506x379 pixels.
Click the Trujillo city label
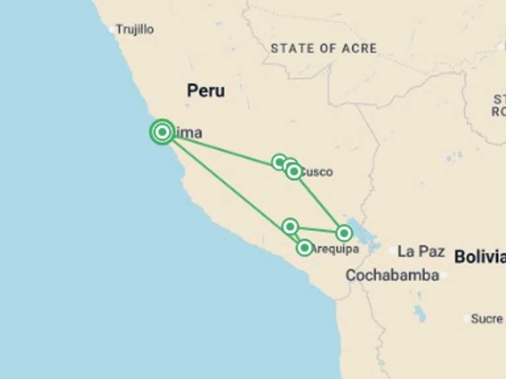coord(135,30)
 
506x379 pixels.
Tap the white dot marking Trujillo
coord(112,30)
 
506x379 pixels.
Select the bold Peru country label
coord(206,91)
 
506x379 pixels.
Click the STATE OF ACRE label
coord(323,48)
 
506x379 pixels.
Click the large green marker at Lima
coord(162,132)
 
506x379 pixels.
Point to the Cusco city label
coord(317,172)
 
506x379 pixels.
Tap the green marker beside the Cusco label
coord(294,172)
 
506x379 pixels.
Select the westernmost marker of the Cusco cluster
coord(279,162)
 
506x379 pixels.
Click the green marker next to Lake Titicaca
coord(343,233)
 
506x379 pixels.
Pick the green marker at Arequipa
coord(304,247)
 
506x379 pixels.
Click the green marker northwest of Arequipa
coord(290,226)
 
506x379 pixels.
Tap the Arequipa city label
coord(335,249)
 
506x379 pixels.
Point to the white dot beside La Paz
coord(393,251)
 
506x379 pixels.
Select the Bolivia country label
coord(480,257)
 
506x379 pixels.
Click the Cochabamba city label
coord(392,275)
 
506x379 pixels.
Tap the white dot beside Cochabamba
coord(444,275)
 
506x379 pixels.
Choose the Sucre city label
coord(488,318)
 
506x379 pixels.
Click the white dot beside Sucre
coord(466,318)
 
